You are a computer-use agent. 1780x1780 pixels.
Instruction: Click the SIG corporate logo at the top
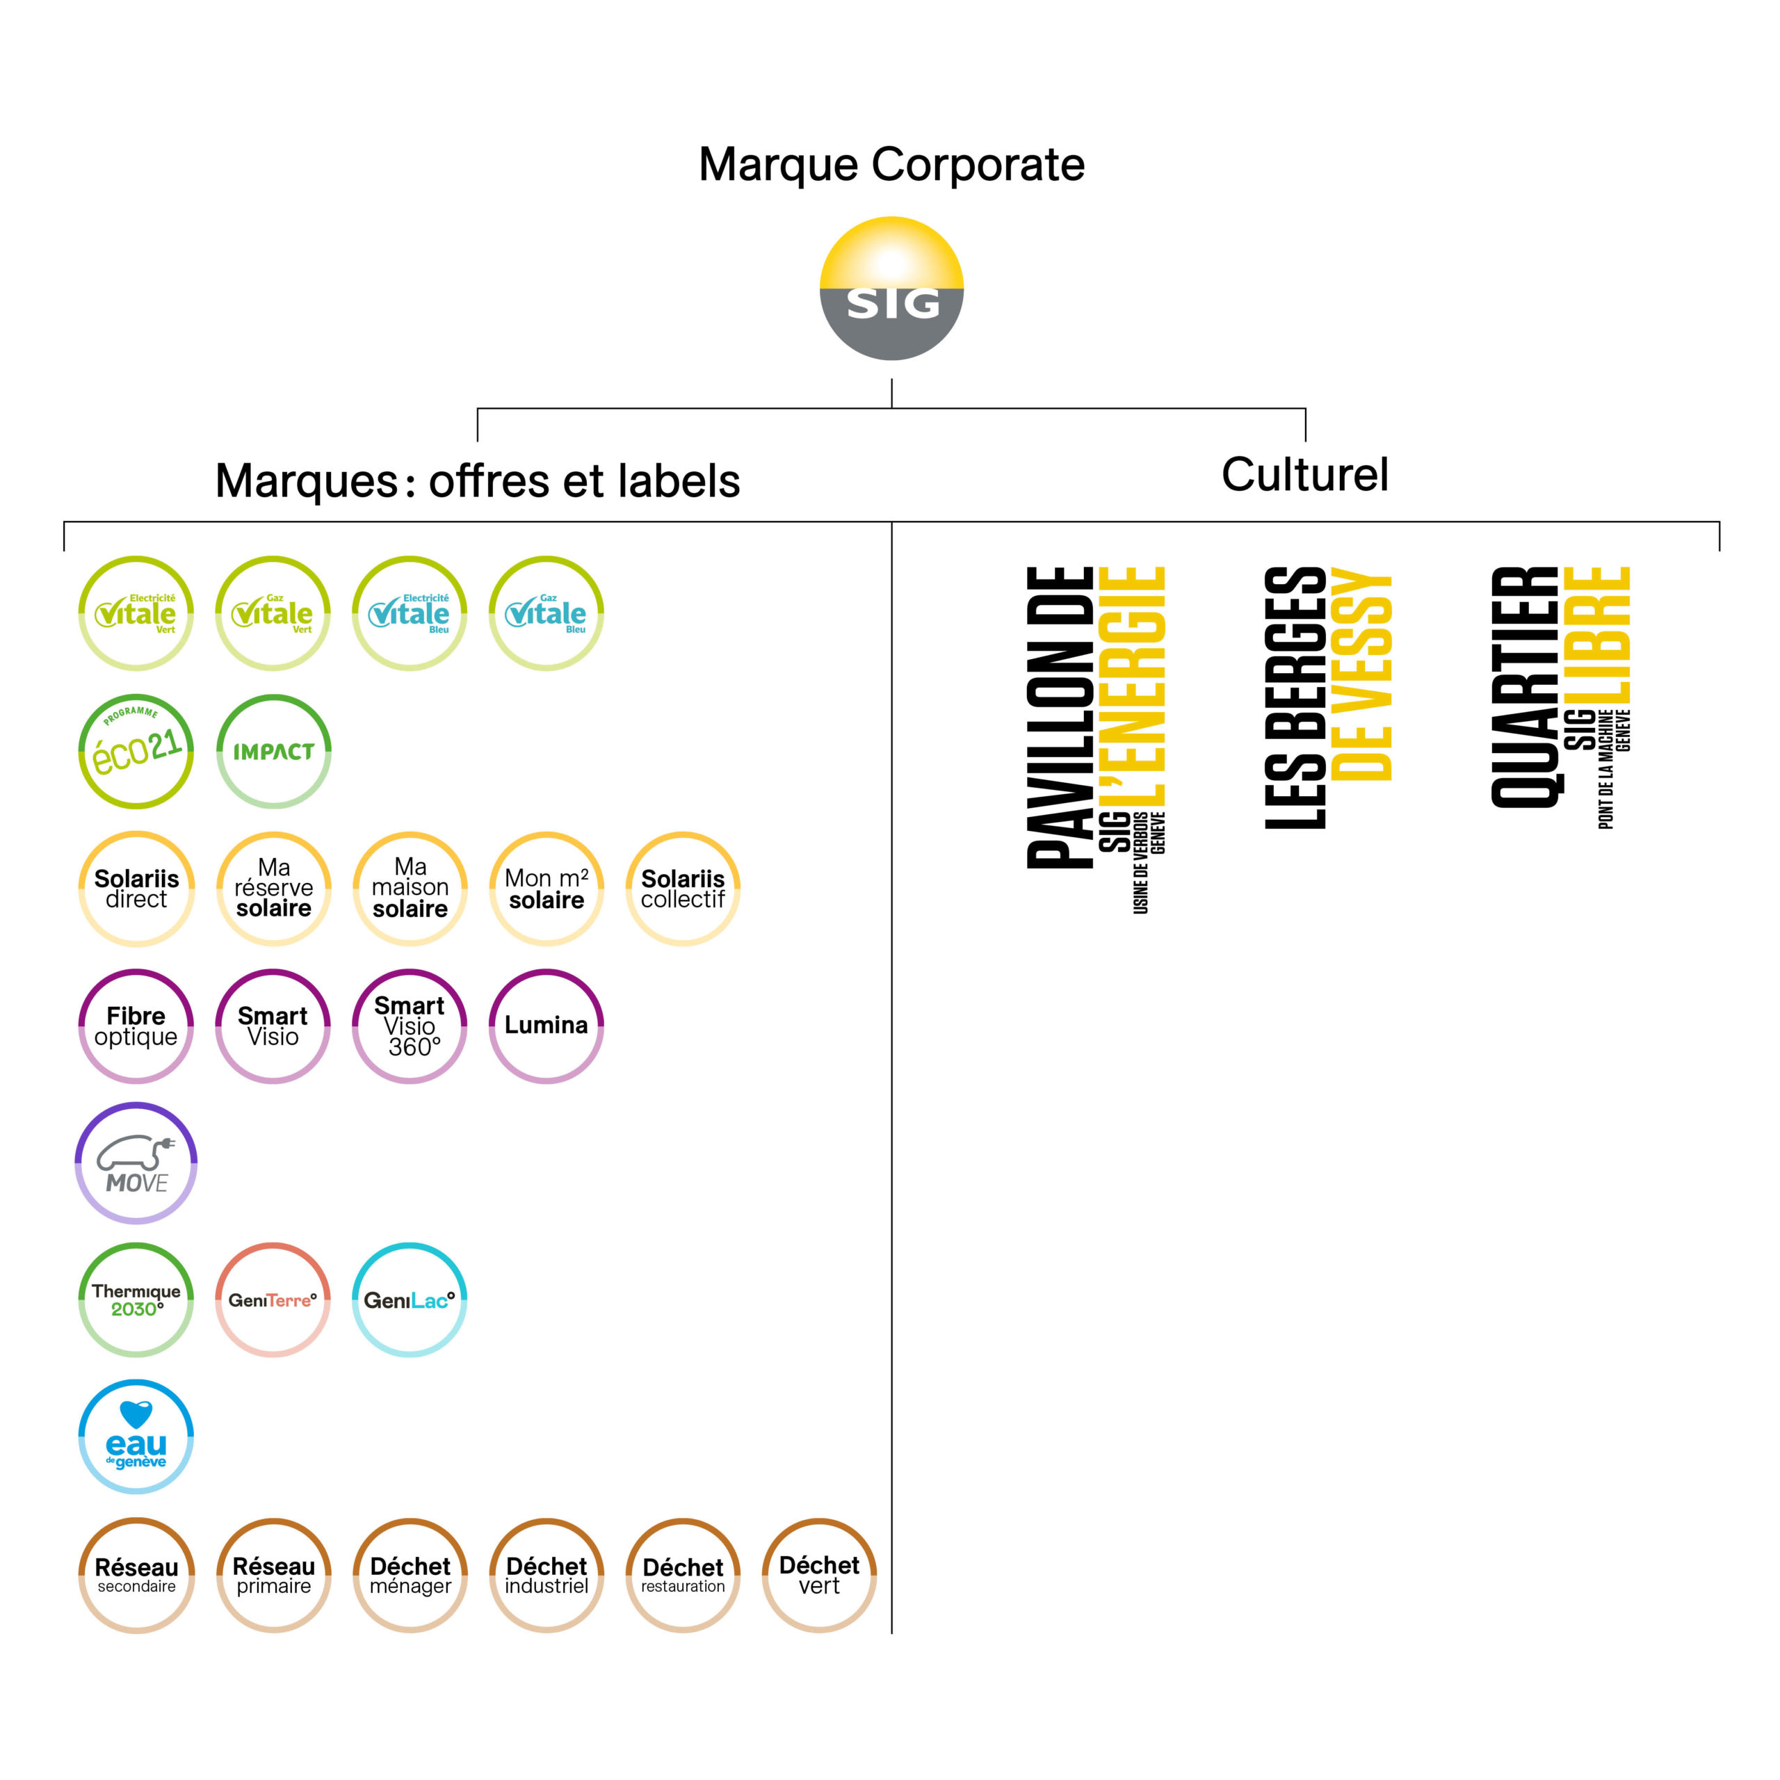[891, 289]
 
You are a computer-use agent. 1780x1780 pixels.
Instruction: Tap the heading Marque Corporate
[891, 165]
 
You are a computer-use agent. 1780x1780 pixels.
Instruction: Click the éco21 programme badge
[136, 751]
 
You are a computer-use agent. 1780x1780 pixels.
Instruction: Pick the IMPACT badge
[274, 751]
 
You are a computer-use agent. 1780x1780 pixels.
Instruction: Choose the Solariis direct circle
[136, 888]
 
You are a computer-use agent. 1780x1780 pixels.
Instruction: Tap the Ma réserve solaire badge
[274, 888]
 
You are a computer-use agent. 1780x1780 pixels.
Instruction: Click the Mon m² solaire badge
[547, 888]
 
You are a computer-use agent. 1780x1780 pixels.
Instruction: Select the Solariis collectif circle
[683, 888]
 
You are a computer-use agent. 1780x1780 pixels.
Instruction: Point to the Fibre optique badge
[136, 1026]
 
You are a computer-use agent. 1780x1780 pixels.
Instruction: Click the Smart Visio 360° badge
[410, 1026]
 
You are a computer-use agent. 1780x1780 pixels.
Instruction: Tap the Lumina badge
[547, 1026]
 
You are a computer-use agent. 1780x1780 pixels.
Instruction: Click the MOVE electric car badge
[136, 1163]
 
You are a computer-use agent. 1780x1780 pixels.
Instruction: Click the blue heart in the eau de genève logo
[136, 1412]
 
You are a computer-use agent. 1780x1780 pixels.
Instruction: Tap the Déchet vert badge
[819, 1575]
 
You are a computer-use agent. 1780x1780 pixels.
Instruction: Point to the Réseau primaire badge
[274, 1575]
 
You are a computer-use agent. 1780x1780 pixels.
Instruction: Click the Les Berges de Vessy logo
[1327, 697]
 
